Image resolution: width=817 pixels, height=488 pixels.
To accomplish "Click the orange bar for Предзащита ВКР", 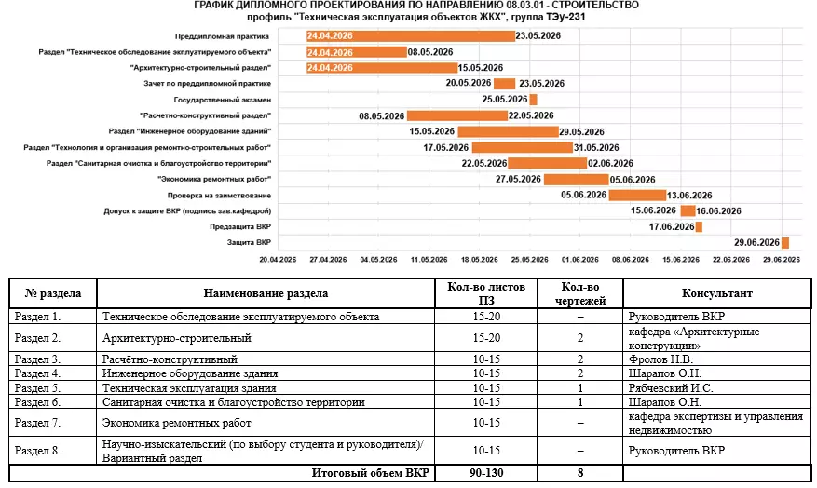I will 699,226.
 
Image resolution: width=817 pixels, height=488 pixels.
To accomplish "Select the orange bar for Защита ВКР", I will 785,242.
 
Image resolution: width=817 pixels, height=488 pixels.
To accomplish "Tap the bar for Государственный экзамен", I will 533,99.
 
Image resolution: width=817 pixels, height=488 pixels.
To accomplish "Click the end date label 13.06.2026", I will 689,195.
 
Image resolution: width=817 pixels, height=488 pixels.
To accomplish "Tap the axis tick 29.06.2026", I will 783,260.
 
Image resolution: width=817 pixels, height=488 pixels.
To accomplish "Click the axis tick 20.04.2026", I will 277,260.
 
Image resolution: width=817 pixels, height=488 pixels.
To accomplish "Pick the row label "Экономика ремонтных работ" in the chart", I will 214,178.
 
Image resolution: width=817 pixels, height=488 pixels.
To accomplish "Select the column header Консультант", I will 716,294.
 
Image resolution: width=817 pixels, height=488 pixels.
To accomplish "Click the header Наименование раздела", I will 266,294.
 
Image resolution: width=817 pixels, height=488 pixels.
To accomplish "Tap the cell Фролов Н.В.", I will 662,359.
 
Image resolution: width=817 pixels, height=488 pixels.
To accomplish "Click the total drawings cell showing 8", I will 579,474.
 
